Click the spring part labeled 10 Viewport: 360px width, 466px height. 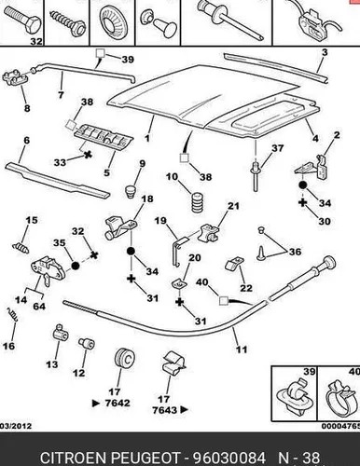pyautogui.click(x=198, y=202)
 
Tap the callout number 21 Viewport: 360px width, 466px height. pyautogui.click(x=234, y=206)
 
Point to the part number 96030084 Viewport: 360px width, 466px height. pyautogui.click(x=229, y=458)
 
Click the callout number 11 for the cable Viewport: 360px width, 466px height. pyautogui.click(x=242, y=349)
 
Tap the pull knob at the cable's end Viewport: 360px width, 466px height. pyautogui.click(x=327, y=263)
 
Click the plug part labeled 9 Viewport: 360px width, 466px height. pyautogui.click(x=132, y=191)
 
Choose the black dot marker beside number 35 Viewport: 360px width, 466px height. pyautogui.click(x=76, y=266)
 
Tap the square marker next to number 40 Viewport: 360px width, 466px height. pyautogui.click(x=224, y=301)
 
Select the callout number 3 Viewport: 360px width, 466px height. pyautogui.click(x=325, y=52)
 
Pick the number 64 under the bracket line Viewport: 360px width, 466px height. pyautogui.click(x=39, y=307)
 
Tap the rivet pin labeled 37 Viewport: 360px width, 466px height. pyautogui.click(x=255, y=175)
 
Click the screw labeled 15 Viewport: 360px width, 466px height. pyautogui.click(x=21, y=247)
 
